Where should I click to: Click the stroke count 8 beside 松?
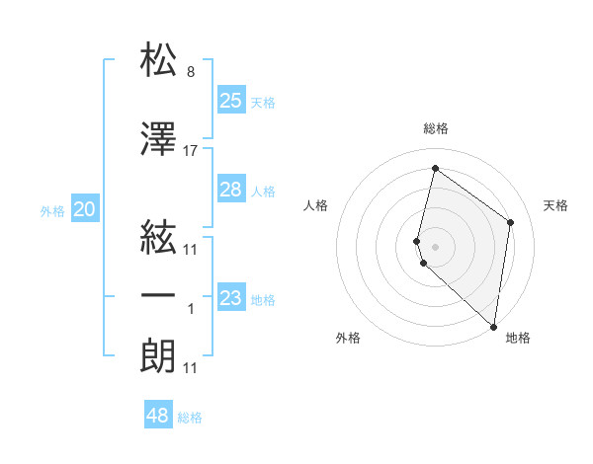click(191, 73)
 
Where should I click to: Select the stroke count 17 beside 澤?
click(191, 151)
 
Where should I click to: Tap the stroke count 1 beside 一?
click(191, 309)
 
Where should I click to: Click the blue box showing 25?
click(231, 100)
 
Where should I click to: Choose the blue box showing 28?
click(231, 190)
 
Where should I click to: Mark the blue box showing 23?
click(231, 298)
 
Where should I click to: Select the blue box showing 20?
click(85, 208)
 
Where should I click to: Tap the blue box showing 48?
click(158, 416)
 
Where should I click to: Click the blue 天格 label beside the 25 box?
click(263, 103)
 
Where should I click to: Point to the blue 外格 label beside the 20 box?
click(52, 211)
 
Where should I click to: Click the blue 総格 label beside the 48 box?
click(190, 419)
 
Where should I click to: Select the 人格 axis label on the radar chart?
click(316, 205)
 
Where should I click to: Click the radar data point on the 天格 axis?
click(511, 222)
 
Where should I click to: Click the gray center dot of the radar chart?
click(436, 245)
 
